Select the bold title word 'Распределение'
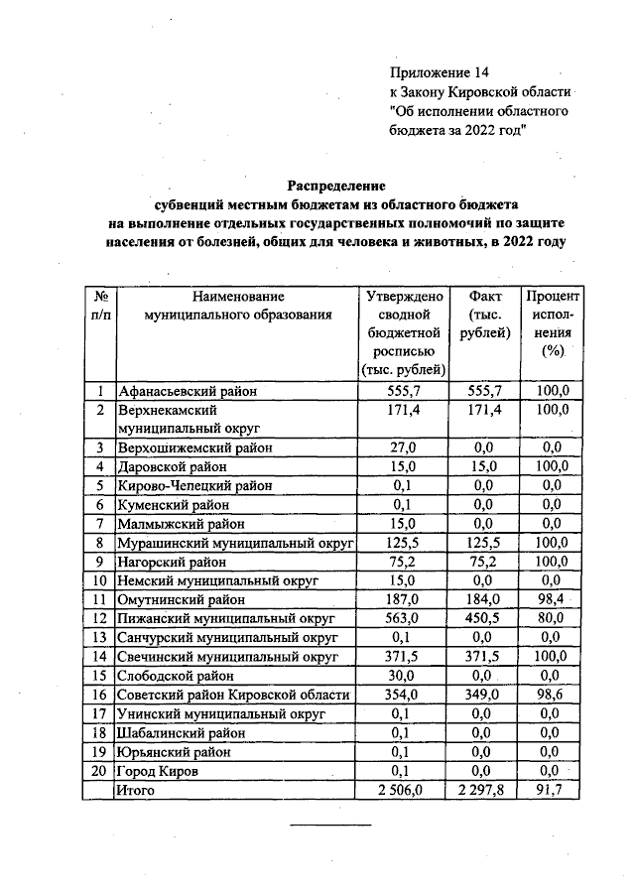335,186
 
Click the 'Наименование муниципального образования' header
237,306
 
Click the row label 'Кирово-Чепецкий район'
194,486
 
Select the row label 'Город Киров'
157,770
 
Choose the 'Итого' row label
137,790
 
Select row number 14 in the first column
99,656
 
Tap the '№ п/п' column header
99,306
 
